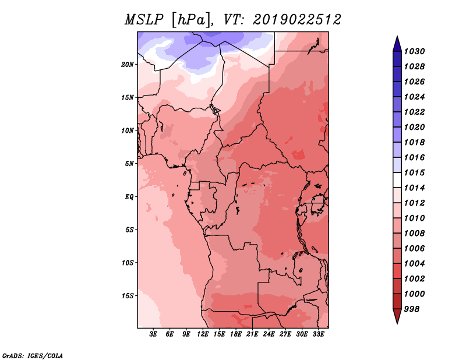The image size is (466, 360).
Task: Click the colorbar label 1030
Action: (x=415, y=51)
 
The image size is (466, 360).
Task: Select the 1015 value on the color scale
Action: (x=415, y=172)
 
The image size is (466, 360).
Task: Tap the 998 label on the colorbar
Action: (x=412, y=309)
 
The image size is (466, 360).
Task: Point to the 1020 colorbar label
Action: (x=415, y=127)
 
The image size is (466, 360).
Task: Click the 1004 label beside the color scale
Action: (x=415, y=264)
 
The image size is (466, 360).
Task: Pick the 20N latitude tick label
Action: (x=128, y=65)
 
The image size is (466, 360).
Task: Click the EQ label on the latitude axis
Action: (x=129, y=197)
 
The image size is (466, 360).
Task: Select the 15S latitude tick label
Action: (x=128, y=296)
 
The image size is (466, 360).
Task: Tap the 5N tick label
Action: (x=129, y=164)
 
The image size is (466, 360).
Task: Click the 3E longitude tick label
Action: (x=153, y=334)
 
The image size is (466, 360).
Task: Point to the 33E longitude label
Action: (x=318, y=334)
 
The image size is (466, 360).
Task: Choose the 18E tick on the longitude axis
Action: (x=236, y=334)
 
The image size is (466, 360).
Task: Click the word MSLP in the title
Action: (x=144, y=20)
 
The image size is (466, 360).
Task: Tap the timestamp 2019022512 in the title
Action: (x=297, y=20)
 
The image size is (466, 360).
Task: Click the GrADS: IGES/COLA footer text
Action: (x=33, y=356)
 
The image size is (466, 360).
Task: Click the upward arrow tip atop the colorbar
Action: (x=397, y=36)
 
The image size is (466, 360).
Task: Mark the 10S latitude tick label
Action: (x=128, y=263)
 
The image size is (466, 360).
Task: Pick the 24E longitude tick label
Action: (x=269, y=334)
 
